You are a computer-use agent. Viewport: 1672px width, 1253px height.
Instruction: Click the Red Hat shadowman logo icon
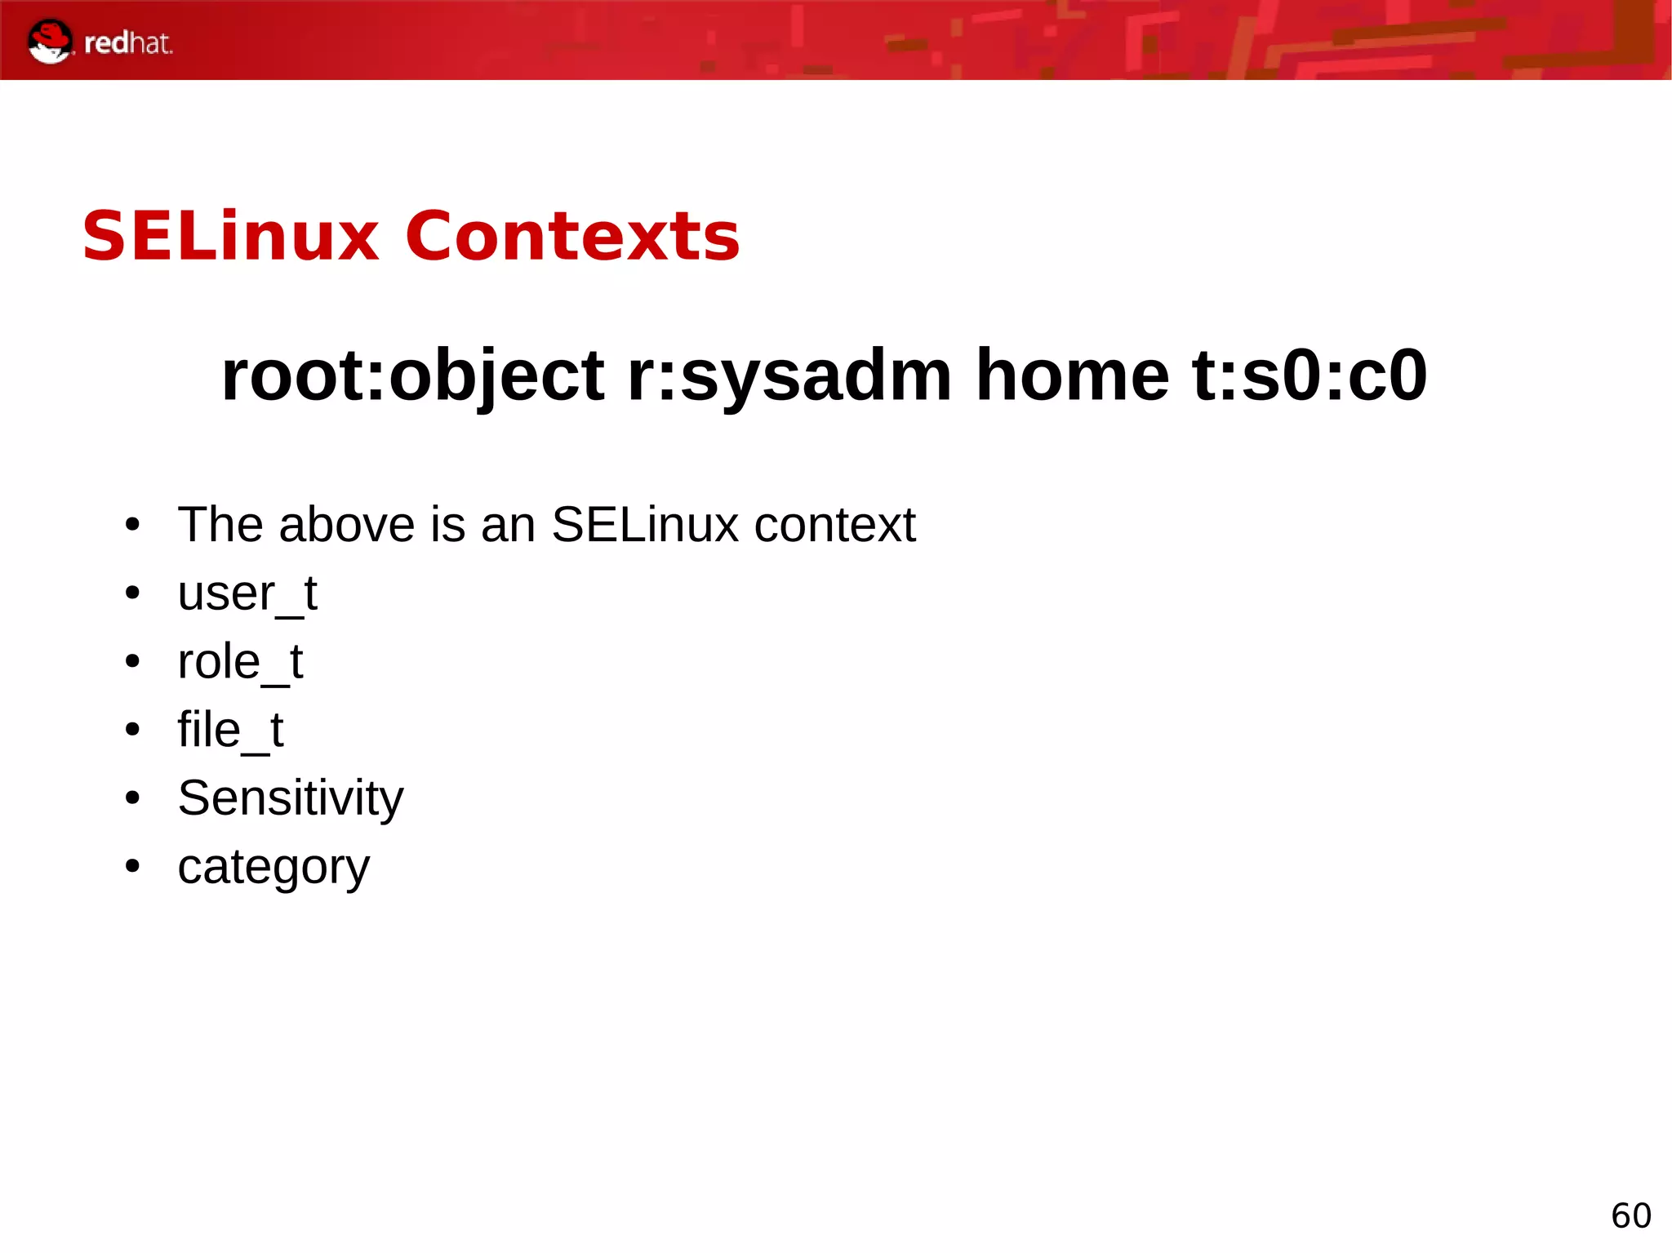tap(49, 41)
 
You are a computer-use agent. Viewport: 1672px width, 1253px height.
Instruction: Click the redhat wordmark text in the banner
tap(128, 43)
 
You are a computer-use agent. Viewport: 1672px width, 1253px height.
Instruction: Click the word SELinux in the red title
tap(231, 237)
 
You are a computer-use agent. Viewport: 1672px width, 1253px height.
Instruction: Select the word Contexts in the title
tap(572, 237)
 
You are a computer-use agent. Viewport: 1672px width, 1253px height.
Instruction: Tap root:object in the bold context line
tap(412, 376)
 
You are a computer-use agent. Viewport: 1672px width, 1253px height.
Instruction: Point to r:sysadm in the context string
tap(789, 376)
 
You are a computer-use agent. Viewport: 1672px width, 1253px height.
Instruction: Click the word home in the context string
tap(1072, 376)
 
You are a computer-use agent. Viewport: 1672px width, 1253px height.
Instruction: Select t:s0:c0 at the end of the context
tap(1310, 376)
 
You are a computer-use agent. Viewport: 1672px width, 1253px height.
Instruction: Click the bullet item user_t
tap(247, 593)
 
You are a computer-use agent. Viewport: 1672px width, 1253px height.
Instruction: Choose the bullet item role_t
tap(240, 662)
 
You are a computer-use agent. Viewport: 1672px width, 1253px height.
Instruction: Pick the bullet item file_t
tap(230, 730)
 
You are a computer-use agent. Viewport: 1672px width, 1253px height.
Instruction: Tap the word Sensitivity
tap(291, 798)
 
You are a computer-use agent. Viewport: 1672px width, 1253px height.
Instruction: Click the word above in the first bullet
tap(347, 525)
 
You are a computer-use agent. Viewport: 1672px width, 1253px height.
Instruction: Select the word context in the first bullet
tap(834, 525)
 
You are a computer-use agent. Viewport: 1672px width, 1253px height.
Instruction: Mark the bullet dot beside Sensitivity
tap(133, 798)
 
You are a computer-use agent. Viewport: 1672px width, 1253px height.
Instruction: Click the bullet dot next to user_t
tap(133, 593)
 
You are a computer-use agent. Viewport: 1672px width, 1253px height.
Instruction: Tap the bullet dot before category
tap(133, 866)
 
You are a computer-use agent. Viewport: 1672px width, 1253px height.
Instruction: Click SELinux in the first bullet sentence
tap(645, 525)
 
